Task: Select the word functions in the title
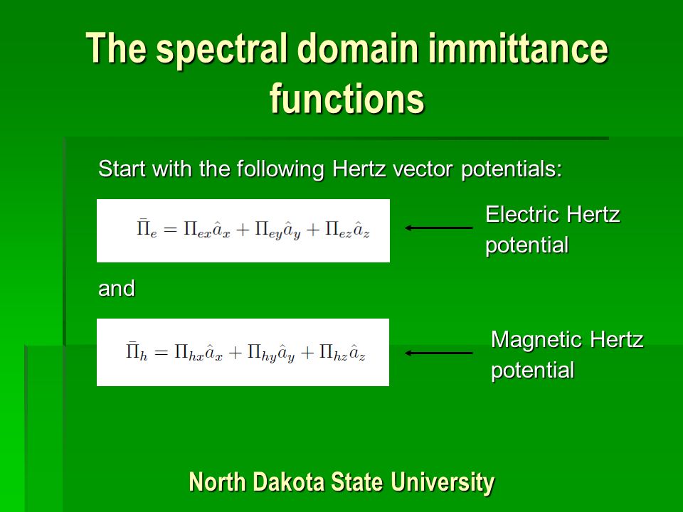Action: tap(347, 98)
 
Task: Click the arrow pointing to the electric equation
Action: tap(439, 228)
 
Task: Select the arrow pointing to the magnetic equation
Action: tap(439, 353)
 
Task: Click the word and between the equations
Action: tap(117, 288)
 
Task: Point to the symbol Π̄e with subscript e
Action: tap(147, 229)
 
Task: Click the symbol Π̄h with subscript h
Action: tap(137, 352)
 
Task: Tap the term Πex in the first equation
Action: tap(197, 230)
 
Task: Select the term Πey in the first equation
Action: tap(269, 230)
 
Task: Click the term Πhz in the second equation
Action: tap(333, 353)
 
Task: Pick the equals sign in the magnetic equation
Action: tap(162, 353)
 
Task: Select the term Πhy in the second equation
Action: tap(262, 353)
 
